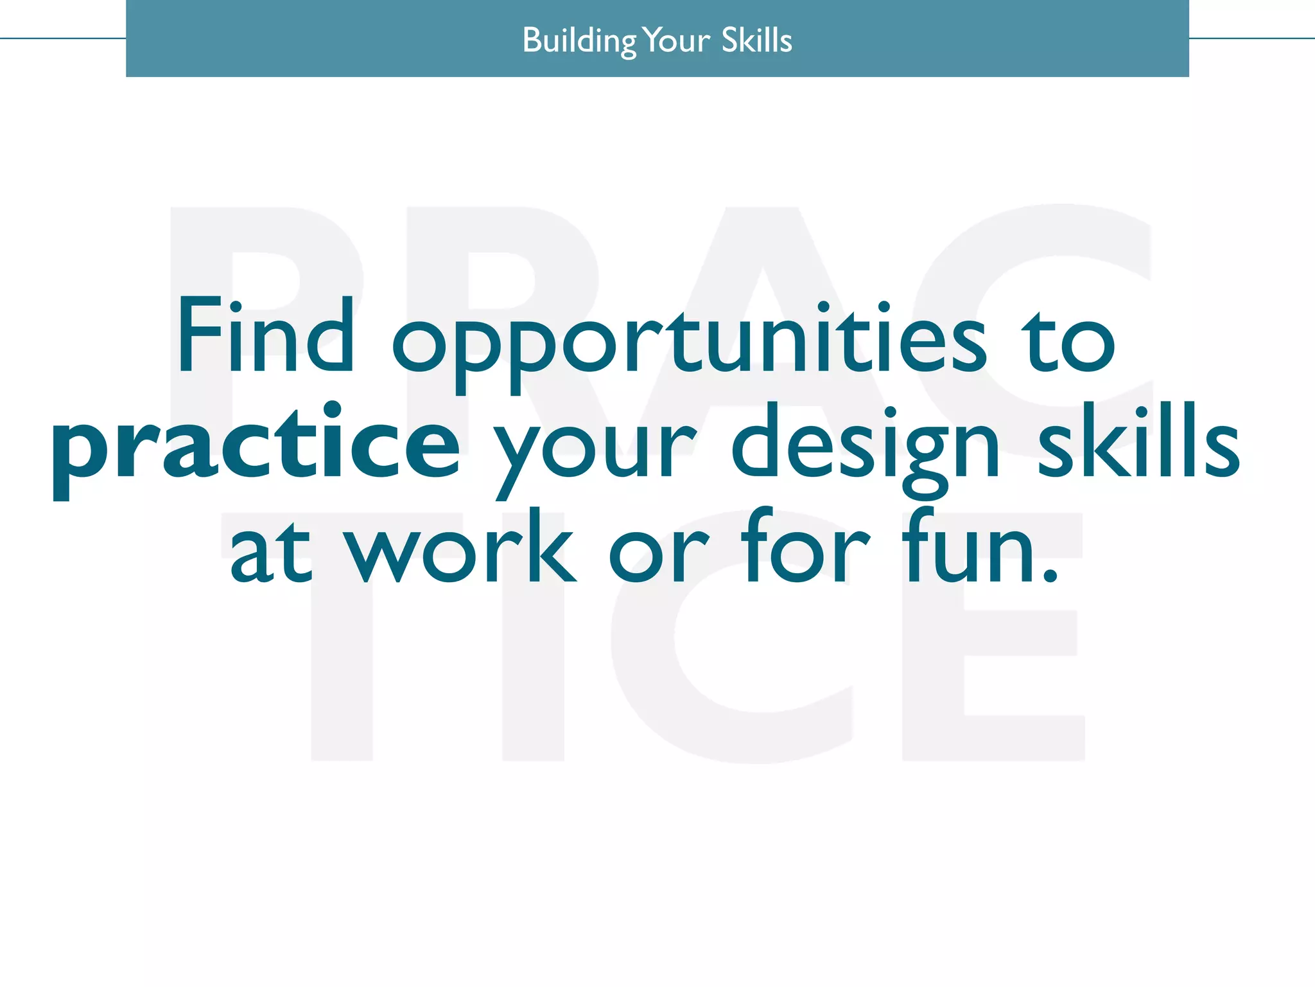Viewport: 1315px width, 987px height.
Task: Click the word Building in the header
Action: tap(579, 40)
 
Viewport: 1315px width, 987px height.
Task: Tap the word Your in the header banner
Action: tap(677, 40)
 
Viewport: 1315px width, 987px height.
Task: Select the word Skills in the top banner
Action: tap(756, 40)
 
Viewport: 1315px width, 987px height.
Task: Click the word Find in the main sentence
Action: tap(265, 335)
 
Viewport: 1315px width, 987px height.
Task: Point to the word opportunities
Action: tap(688, 341)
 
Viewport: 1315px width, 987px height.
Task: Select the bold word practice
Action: tap(256, 447)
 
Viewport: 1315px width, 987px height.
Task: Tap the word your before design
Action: tap(595, 450)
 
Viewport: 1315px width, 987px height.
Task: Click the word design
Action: tap(865, 447)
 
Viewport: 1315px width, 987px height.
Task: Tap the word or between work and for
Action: tap(658, 553)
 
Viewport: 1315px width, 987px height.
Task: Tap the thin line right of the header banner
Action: tap(1251, 39)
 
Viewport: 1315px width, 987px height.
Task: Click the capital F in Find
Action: tap(199, 335)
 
